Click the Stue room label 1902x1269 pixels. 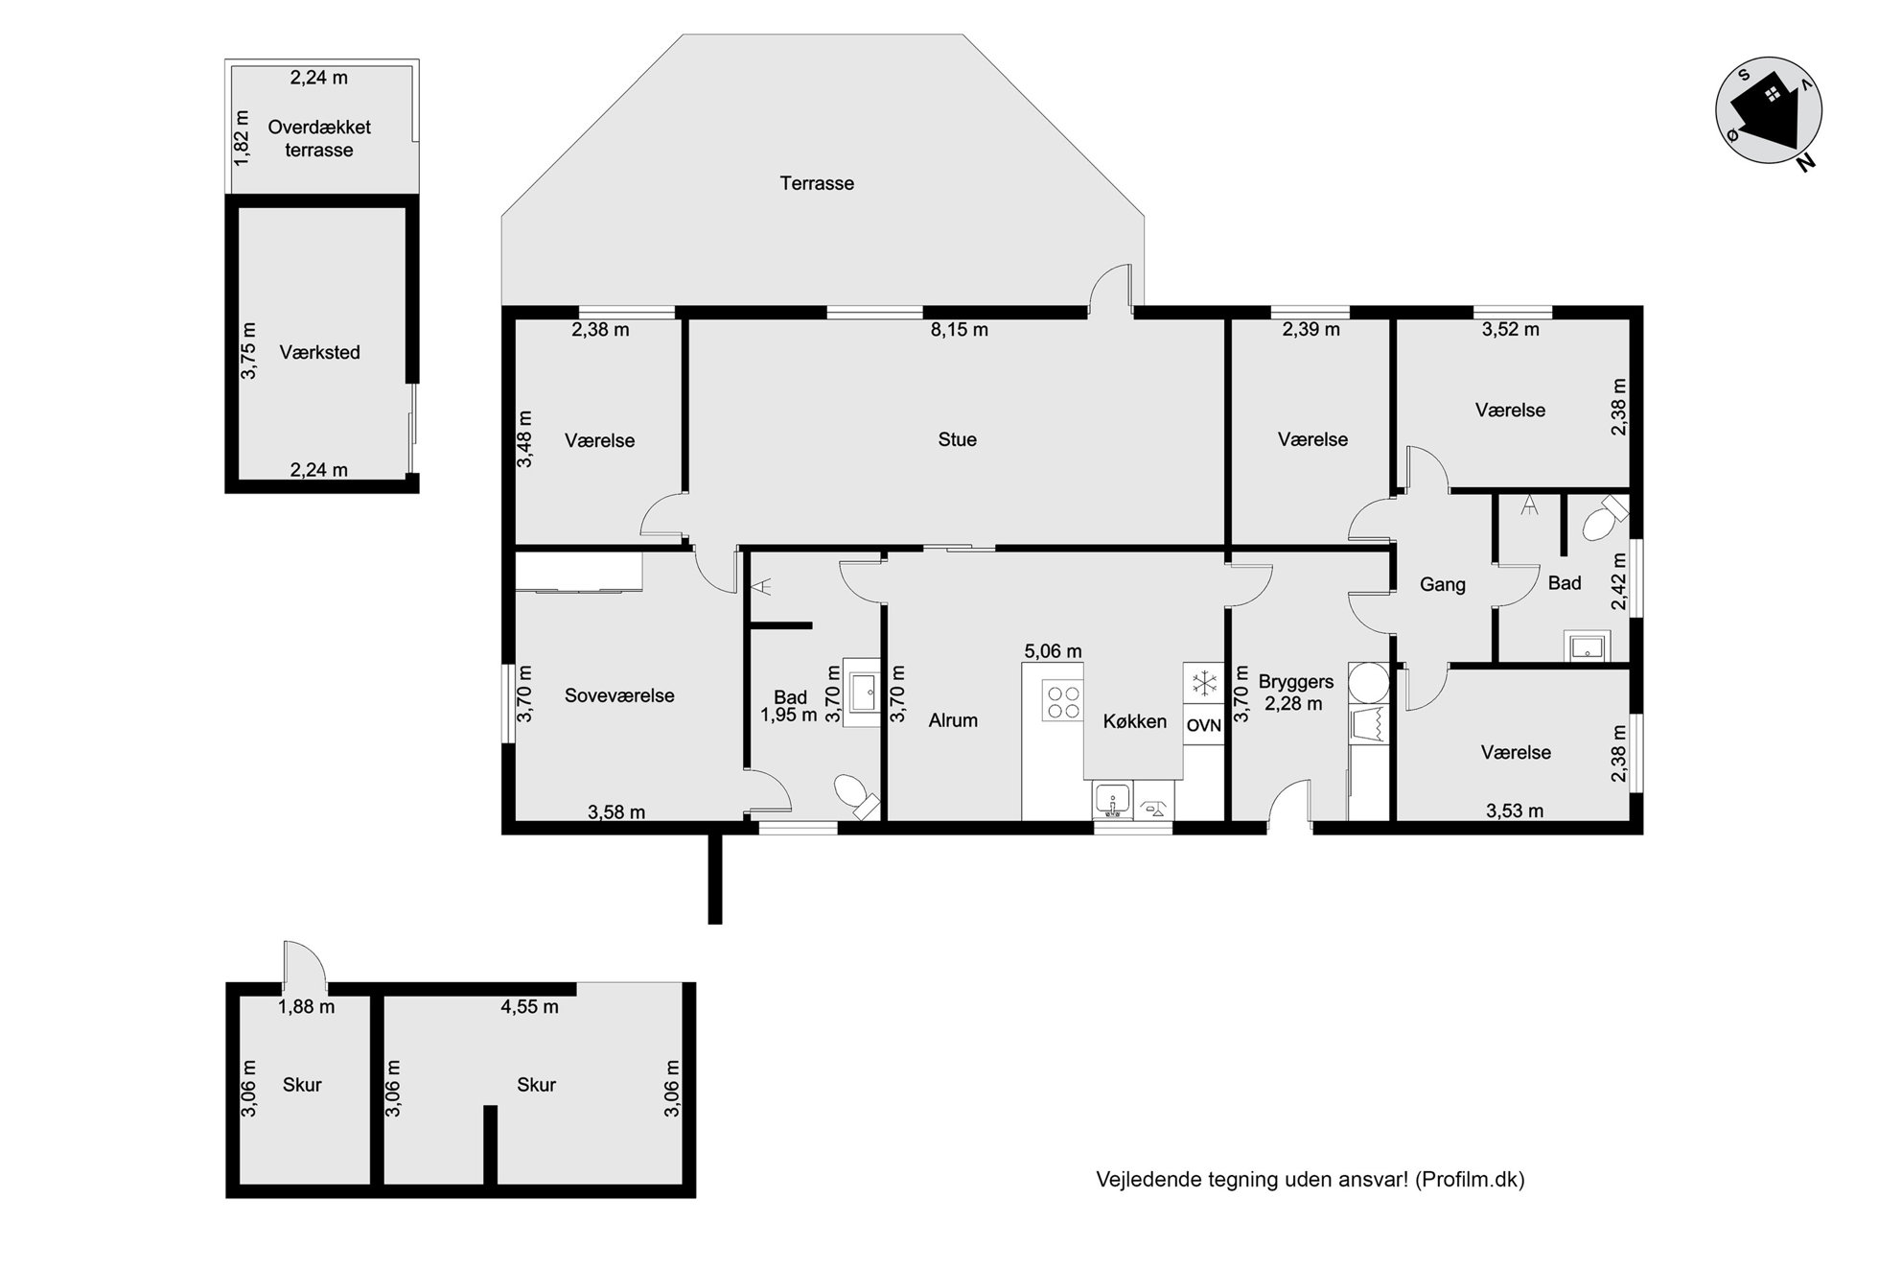tap(957, 440)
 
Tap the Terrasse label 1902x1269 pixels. tap(817, 183)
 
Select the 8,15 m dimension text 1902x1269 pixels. tap(959, 330)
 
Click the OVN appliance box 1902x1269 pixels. tap(1203, 725)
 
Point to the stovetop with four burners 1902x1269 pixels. tap(1062, 699)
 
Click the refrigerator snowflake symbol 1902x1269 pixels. tap(1202, 684)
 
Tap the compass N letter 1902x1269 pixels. tap(1805, 163)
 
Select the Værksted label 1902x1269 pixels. tap(320, 353)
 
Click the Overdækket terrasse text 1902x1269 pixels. tap(319, 138)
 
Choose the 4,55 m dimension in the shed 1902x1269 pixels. tap(529, 1007)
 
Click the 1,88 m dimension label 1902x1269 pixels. tap(306, 1007)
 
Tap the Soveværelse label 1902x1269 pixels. tap(619, 696)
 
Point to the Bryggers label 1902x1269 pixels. tap(1296, 682)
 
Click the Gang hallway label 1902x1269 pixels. tap(1443, 584)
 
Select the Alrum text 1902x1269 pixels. tap(953, 720)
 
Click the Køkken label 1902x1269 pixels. tap(1135, 721)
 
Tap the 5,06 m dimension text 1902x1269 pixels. tap(1053, 651)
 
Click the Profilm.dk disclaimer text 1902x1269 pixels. tap(1311, 1180)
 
